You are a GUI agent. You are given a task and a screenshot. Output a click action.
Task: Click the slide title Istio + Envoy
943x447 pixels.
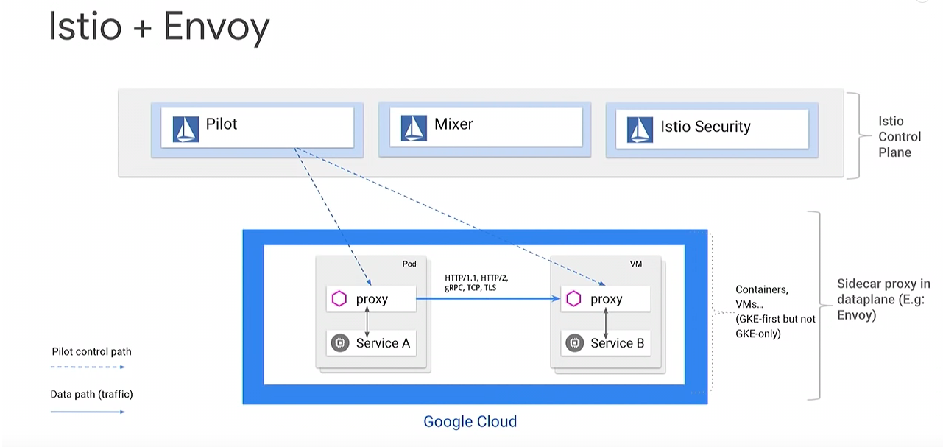tap(159, 27)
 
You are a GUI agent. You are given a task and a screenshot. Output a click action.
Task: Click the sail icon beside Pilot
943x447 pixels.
tap(186, 129)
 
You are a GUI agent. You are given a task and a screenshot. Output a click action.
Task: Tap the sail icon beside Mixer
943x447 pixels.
tap(414, 127)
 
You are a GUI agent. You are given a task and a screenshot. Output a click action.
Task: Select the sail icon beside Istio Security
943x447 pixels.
tap(640, 130)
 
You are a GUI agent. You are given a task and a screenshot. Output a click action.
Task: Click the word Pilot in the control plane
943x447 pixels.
tap(222, 124)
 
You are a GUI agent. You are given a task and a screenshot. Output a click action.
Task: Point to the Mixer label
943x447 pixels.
tap(453, 124)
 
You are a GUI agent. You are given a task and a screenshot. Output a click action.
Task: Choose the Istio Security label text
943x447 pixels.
tap(705, 127)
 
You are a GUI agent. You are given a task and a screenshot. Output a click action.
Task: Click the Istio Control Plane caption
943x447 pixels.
tap(900, 136)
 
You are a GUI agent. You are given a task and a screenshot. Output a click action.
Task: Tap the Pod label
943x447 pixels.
tap(409, 264)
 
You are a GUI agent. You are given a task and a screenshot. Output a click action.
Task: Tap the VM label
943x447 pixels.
tap(636, 264)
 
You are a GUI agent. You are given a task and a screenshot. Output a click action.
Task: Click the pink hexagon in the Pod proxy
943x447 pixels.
tap(339, 299)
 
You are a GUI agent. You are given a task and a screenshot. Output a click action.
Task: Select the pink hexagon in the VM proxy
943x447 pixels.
tap(573, 299)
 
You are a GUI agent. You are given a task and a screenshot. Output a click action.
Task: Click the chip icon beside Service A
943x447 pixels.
tap(340, 343)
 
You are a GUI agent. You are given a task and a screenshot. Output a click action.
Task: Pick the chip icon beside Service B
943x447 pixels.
tap(574, 343)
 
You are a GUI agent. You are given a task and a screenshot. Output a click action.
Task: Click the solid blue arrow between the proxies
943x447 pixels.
tap(488, 299)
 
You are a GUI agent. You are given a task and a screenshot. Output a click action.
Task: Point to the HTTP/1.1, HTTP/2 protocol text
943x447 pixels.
tap(476, 278)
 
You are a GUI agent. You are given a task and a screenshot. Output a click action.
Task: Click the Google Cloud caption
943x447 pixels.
tap(470, 421)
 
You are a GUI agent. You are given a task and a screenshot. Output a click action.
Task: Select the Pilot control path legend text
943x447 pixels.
tap(91, 351)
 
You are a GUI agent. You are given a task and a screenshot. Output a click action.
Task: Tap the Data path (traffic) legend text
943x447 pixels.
tap(91, 394)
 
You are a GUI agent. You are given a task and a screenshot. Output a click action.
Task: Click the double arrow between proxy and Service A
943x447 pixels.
tap(367, 322)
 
